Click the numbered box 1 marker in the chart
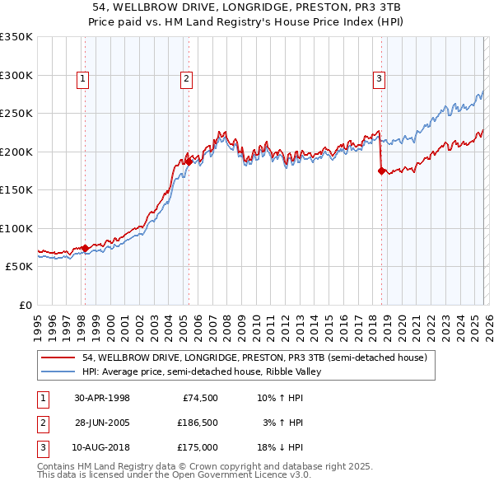[84, 79]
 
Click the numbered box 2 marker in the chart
[187, 79]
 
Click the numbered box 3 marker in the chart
[379, 79]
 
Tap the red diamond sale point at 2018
[381, 171]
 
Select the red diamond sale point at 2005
[189, 162]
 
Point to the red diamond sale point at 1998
[85, 248]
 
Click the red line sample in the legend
[58, 358]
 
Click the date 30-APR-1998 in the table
[102, 398]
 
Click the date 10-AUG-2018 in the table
[102, 447]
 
